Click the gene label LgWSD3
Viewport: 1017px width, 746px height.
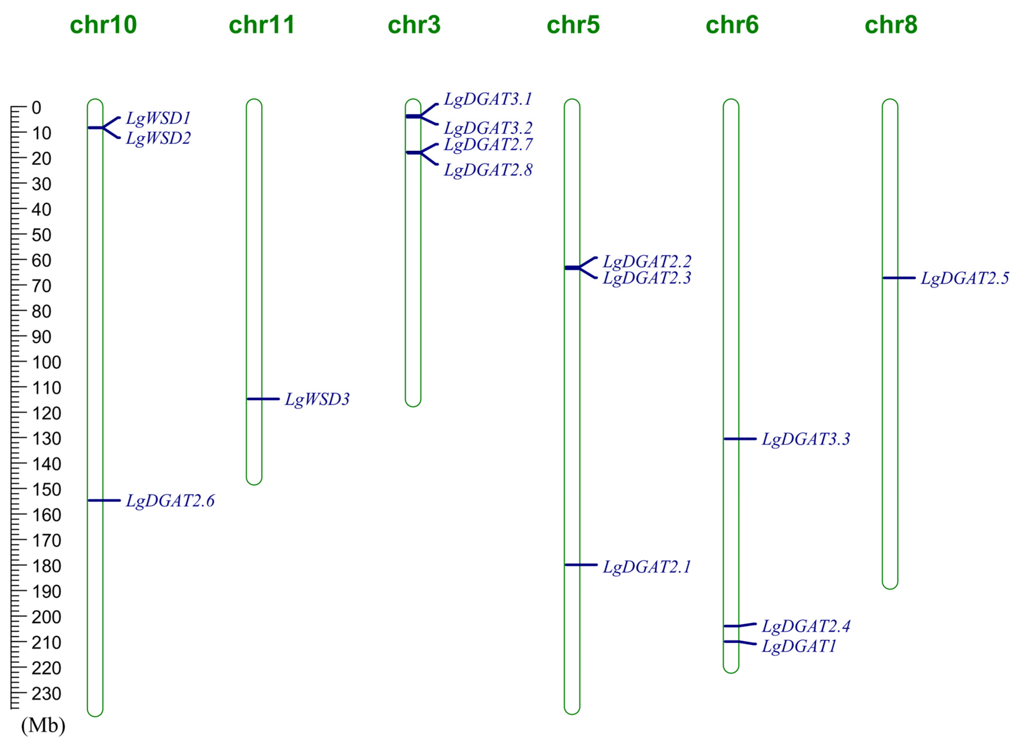(x=317, y=399)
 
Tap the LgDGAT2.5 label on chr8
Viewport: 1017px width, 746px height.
(x=965, y=278)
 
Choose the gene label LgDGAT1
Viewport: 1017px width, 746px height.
(x=799, y=646)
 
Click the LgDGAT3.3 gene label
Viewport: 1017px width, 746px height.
(x=806, y=439)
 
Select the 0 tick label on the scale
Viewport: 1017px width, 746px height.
(x=36, y=108)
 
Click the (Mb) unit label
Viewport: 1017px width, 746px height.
(x=43, y=725)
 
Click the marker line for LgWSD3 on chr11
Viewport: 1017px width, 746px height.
(x=263, y=399)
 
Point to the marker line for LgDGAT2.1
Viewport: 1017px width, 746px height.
(x=581, y=565)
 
